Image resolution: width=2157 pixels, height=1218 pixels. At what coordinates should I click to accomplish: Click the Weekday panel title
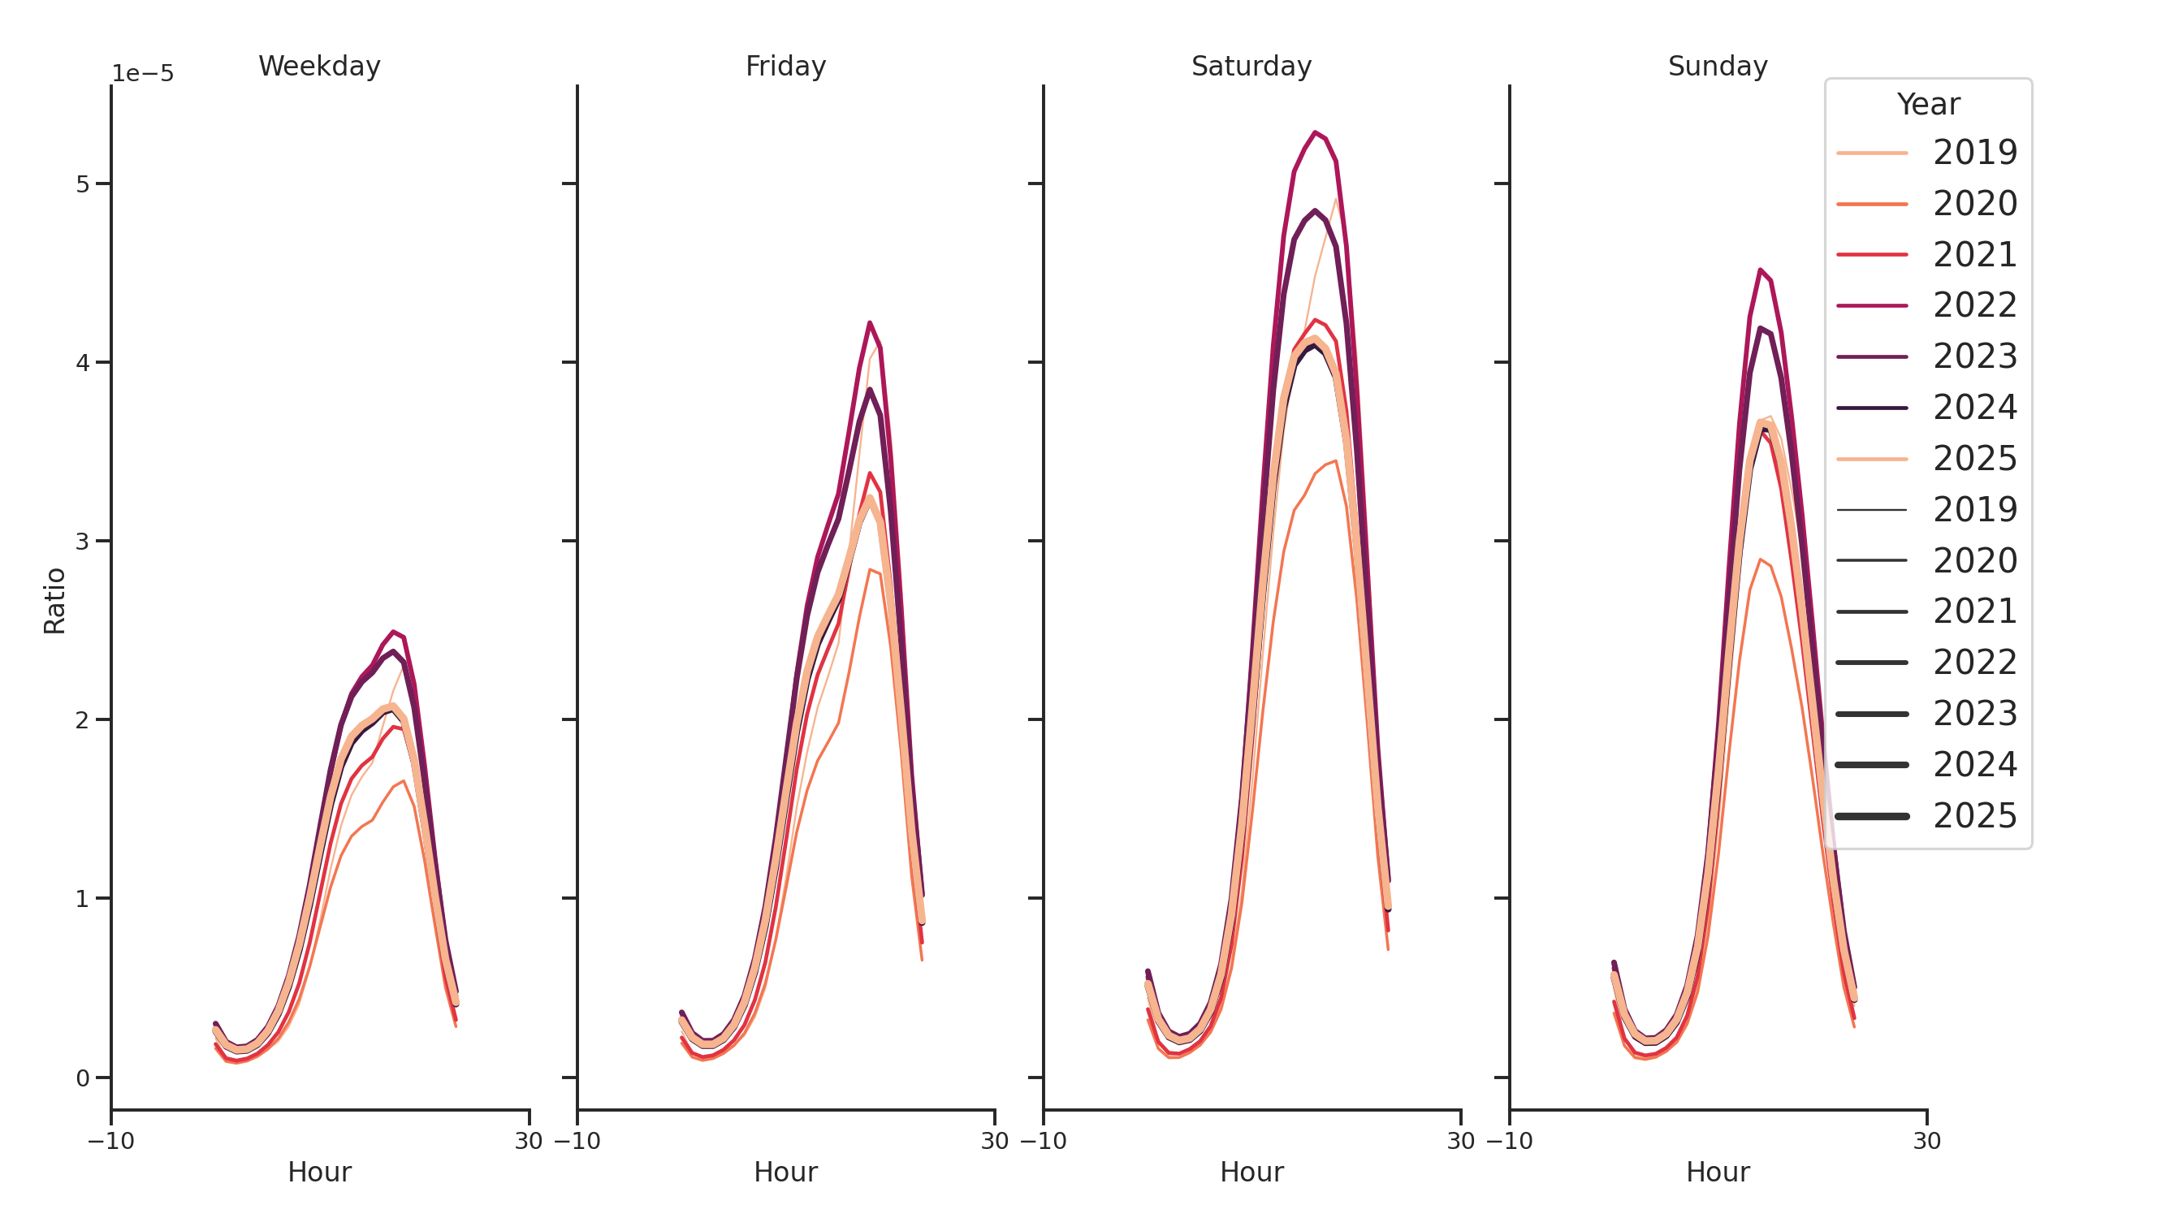[319, 66]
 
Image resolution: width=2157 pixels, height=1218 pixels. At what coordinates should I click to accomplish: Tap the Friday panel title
[785, 66]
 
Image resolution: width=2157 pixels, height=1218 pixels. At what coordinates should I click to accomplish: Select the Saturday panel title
[1250, 66]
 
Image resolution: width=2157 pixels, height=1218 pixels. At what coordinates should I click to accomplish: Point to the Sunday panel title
[1717, 66]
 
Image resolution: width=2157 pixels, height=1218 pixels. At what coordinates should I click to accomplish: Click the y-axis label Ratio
[54, 600]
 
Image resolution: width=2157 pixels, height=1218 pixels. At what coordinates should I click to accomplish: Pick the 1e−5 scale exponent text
[142, 74]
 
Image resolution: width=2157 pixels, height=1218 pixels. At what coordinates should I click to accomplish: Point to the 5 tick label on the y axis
[82, 184]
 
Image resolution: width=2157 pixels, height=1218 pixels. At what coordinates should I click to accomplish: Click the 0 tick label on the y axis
[82, 1078]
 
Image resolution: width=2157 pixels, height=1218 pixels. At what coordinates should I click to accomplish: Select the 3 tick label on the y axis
[82, 542]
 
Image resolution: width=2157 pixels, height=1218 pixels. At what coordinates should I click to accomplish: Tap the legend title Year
[1927, 105]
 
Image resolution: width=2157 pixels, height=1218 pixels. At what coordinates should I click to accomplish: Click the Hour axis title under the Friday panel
[785, 1172]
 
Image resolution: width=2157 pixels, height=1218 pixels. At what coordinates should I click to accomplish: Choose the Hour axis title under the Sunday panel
[1717, 1172]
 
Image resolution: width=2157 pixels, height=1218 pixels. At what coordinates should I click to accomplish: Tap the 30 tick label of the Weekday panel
[529, 1141]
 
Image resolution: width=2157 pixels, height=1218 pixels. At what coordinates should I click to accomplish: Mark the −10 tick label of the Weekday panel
[110, 1141]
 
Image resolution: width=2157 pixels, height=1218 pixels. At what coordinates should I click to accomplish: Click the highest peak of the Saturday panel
[1315, 132]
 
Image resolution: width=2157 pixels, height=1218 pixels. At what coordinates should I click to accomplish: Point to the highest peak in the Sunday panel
[1760, 270]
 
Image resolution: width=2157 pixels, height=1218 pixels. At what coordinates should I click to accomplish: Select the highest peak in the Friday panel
[869, 322]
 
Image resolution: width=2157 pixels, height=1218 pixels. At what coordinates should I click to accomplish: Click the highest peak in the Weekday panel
[393, 632]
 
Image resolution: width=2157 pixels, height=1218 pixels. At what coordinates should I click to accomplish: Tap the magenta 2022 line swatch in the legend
[1871, 305]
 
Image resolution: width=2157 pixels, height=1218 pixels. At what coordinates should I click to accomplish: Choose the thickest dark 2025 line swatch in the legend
[1871, 816]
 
